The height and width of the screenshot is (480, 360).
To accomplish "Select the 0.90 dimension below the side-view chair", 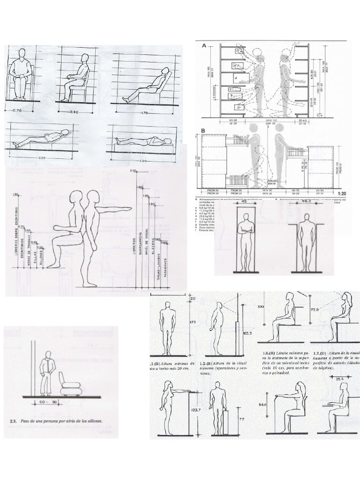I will [74, 112].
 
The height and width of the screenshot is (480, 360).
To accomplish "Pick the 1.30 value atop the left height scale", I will [15, 194].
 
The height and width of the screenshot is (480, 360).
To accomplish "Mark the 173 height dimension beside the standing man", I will [191, 323].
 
